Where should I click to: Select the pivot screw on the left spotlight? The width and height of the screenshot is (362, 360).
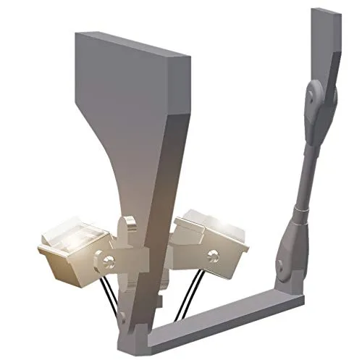coord(107,260)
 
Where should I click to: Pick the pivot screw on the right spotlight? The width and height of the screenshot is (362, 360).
coord(214,254)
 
